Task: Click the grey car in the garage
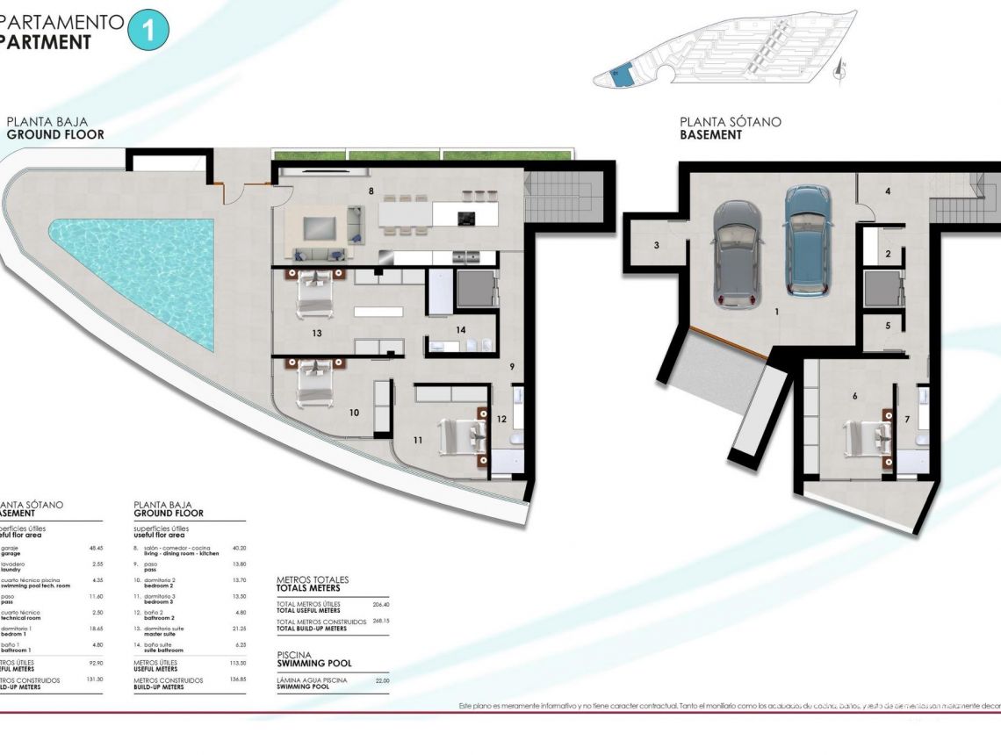(738, 252)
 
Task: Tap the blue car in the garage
(807, 240)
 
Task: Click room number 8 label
(372, 190)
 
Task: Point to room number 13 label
(316, 333)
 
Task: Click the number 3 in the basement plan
(656, 246)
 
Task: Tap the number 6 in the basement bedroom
(854, 396)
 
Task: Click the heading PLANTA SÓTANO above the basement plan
(730, 123)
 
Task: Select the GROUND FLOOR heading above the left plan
(55, 135)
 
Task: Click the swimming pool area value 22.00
(382, 680)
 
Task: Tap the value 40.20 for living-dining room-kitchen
(239, 548)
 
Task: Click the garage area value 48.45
(97, 548)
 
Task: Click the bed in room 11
(462, 437)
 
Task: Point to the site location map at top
(724, 50)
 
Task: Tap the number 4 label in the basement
(888, 191)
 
